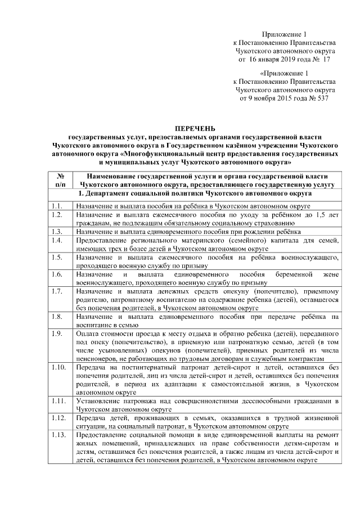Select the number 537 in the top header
[322, 98]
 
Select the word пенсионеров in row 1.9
[96, 358]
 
